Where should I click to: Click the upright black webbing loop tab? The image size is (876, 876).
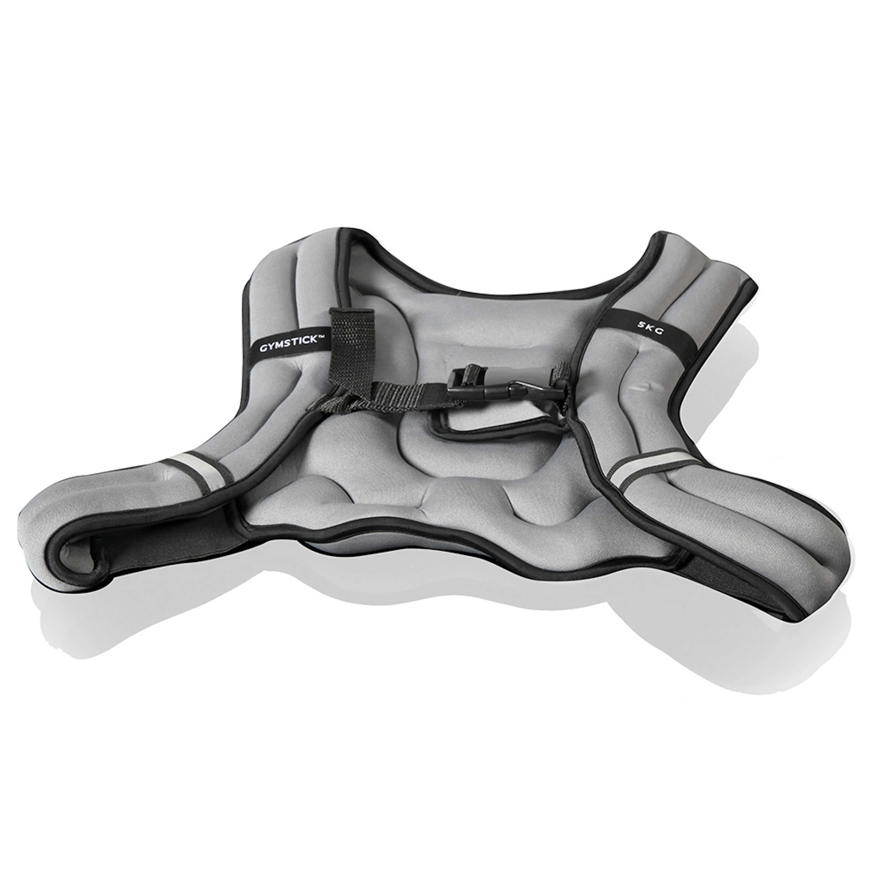click(351, 336)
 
